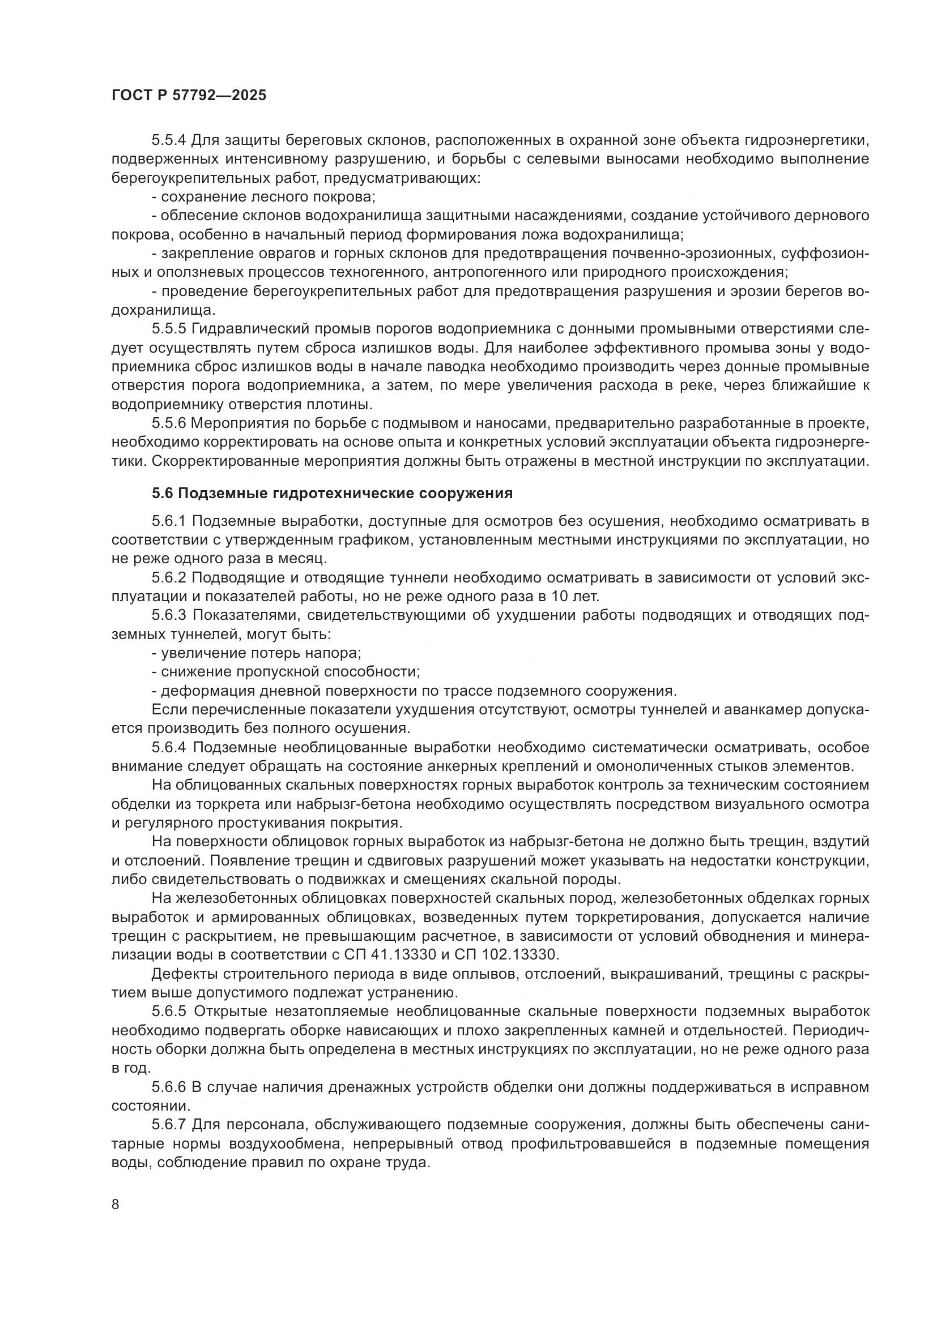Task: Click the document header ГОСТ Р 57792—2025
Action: pyautogui.click(x=189, y=96)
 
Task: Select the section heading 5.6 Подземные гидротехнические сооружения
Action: pyautogui.click(x=333, y=494)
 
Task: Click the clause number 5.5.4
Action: pyautogui.click(x=169, y=140)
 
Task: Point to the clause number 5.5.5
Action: pyautogui.click(x=169, y=329)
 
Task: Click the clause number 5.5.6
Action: pyautogui.click(x=169, y=424)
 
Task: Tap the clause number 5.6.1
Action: pyautogui.click(x=169, y=521)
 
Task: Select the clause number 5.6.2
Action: pyautogui.click(x=169, y=578)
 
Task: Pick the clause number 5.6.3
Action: pyautogui.click(x=169, y=615)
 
